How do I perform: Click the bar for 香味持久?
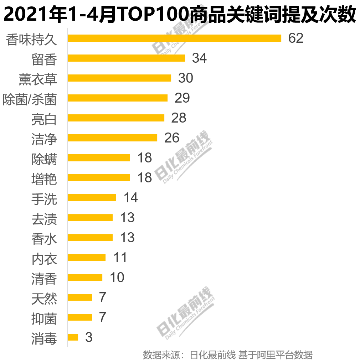click(174, 38)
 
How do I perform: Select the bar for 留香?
click(126, 58)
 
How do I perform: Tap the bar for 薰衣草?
click(119, 78)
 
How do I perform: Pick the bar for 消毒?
click(73, 337)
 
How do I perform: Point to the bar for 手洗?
click(92, 197)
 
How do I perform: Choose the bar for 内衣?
click(87, 257)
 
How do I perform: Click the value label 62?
click(296, 38)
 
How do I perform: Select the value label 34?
click(199, 58)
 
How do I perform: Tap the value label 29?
click(182, 98)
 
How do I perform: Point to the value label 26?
click(172, 138)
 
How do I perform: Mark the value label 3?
click(89, 337)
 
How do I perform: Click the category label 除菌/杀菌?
click(30, 99)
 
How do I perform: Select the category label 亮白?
click(44, 119)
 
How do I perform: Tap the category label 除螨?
click(44, 159)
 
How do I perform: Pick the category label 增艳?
click(44, 179)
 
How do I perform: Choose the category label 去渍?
click(44, 219)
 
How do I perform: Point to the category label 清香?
click(44, 279)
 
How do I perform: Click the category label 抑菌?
click(44, 318)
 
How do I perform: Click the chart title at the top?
click(180, 15)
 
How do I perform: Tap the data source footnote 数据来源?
click(228, 355)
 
